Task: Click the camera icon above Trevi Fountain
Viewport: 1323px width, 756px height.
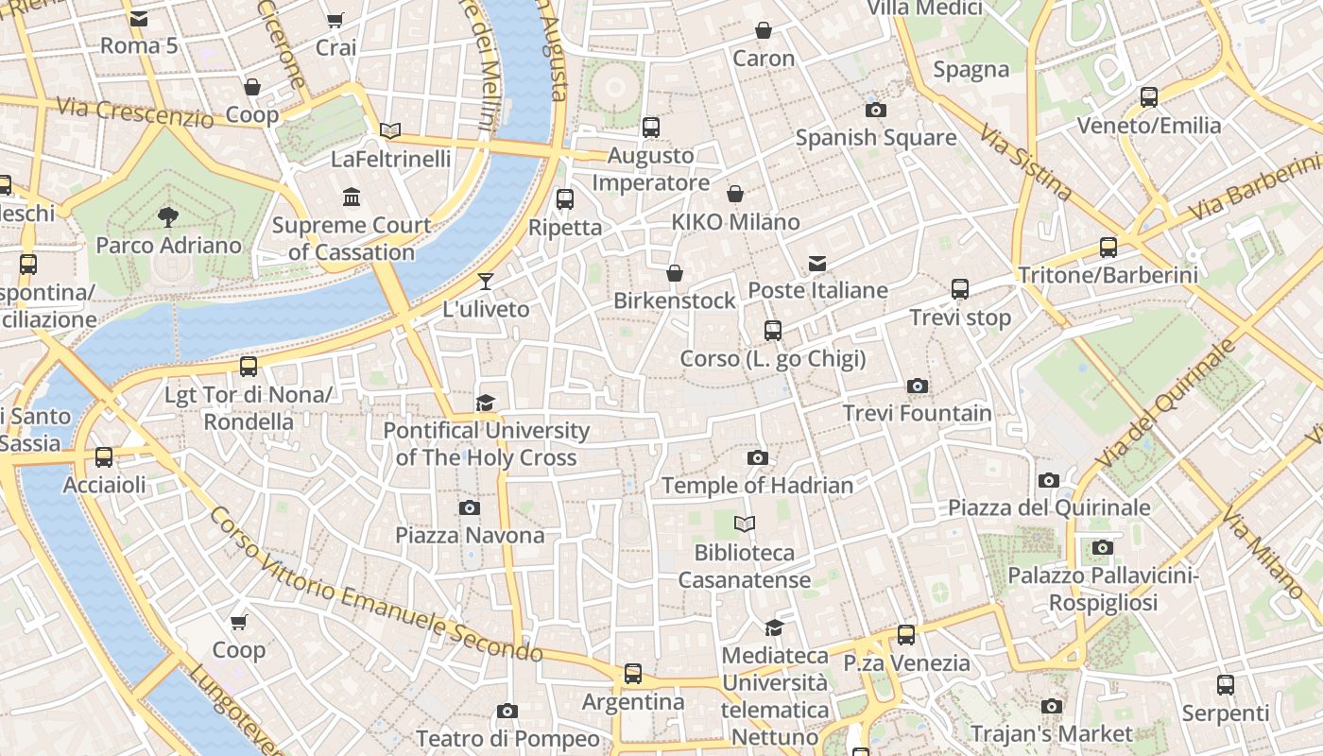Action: click(917, 386)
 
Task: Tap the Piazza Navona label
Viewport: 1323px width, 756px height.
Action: click(470, 535)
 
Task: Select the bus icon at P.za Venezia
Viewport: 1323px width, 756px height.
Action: click(906, 635)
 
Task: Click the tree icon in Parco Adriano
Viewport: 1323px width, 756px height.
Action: click(168, 217)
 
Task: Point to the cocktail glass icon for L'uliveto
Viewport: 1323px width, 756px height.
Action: click(486, 281)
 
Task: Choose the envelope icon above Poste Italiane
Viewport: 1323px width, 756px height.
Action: click(817, 264)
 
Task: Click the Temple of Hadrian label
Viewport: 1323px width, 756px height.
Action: click(757, 485)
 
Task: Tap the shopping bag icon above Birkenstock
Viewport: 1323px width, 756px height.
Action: click(675, 273)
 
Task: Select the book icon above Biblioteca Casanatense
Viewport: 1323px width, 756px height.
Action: click(745, 524)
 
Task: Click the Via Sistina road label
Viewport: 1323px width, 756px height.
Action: click(1026, 162)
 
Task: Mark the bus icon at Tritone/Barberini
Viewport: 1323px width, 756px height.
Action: click(1108, 248)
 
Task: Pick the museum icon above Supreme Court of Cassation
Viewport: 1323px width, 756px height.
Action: click(352, 197)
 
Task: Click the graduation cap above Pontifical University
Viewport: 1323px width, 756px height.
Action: click(486, 404)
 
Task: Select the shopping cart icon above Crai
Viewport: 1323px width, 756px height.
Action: click(335, 20)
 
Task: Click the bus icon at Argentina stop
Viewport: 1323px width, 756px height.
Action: click(633, 674)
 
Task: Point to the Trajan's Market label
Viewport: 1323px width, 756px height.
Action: click(1051, 733)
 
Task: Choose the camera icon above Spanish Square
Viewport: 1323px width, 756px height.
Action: click(876, 110)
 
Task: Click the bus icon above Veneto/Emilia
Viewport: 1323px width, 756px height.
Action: click(1149, 96)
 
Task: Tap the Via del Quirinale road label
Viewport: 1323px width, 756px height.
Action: click(1168, 403)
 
